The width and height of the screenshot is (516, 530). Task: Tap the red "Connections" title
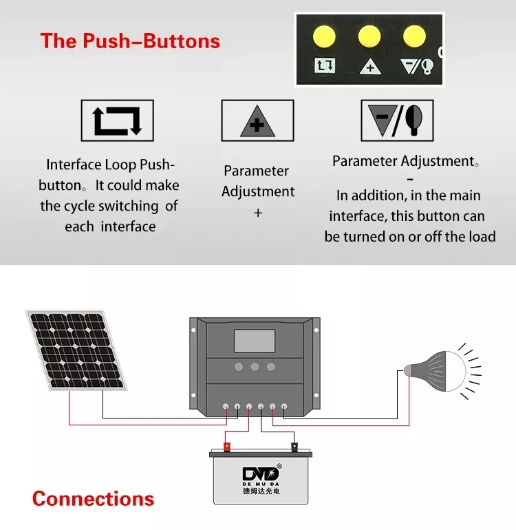(93, 498)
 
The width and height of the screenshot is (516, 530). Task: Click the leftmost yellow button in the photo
(323, 35)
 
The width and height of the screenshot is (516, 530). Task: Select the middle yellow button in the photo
(369, 35)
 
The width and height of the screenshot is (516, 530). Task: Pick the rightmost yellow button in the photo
(414, 35)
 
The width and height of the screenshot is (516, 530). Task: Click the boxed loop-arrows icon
(117, 120)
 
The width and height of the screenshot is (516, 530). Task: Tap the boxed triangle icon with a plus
(257, 121)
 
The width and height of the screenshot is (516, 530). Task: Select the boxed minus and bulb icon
(397, 120)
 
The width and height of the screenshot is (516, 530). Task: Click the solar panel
(77, 349)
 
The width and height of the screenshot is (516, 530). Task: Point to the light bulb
(434, 370)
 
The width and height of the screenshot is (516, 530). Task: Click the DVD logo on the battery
(261, 474)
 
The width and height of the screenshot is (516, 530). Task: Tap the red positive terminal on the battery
(226, 447)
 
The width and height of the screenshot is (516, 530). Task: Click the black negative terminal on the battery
(294, 447)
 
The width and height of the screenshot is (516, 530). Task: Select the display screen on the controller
(255, 341)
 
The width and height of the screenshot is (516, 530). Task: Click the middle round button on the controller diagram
(255, 367)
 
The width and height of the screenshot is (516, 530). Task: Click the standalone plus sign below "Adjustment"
(258, 213)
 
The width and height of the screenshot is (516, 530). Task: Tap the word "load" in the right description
(481, 237)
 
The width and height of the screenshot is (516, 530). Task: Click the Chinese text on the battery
(261, 491)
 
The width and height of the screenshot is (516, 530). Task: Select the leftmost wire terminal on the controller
(226, 407)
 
